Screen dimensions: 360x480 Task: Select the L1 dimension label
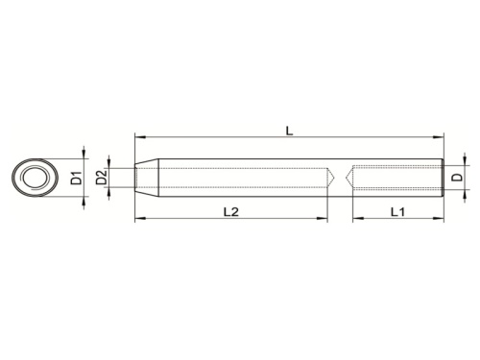point(396,209)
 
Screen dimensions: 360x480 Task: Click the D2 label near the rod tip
point(100,177)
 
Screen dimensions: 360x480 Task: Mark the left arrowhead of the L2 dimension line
point(138,219)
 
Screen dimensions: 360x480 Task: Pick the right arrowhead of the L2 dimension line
point(324,219)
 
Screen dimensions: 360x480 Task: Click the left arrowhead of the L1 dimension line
point(355,219)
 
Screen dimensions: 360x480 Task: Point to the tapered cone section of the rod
point(144,177)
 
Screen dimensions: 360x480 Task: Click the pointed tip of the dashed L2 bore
point(333,177)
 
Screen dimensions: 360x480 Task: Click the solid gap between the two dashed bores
point(344,177)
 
